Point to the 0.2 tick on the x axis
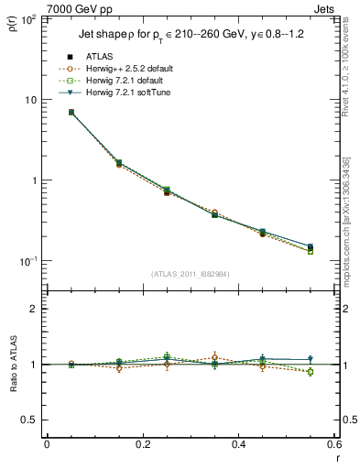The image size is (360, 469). point(143,445)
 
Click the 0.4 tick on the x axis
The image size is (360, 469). point(239,445)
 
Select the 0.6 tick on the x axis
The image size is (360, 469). point(335,445)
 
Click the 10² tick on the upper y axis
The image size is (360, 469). point(28,19)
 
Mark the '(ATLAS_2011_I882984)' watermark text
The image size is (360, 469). point(191,274)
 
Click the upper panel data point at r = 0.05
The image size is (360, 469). point(71,113)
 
